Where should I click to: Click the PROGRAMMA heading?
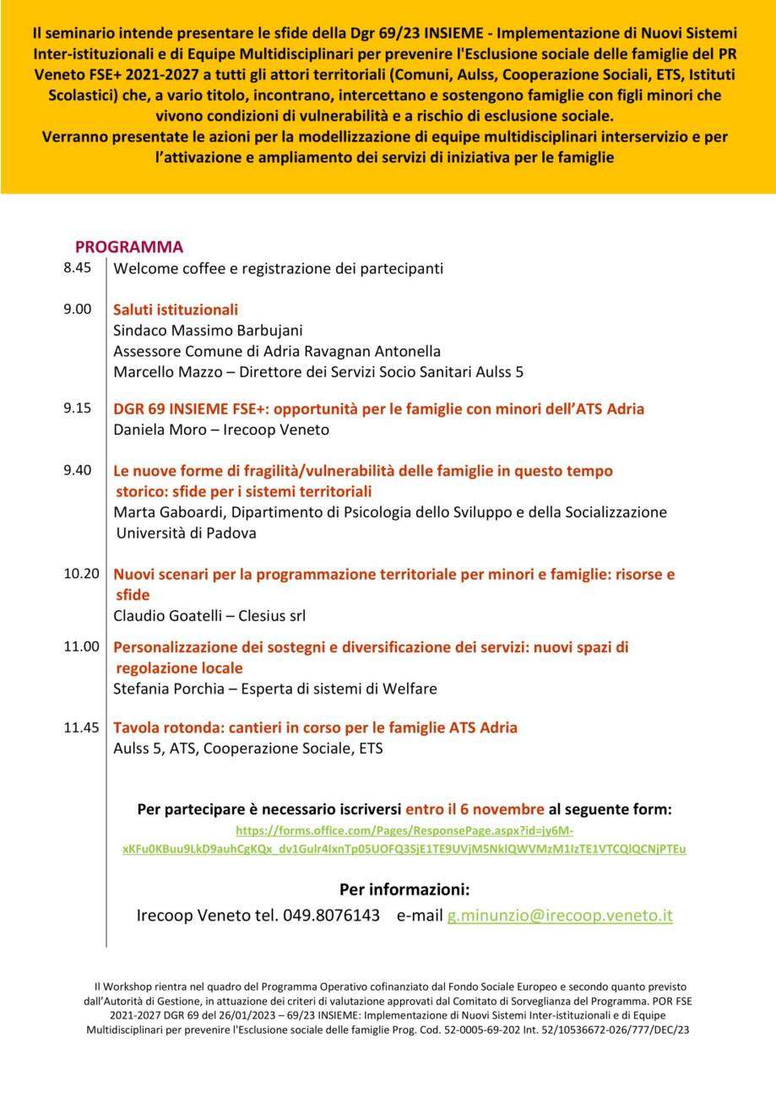[x=129, y=247]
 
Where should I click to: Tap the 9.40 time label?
[x=77, y=470]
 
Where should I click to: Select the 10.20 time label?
[x=81, y=574]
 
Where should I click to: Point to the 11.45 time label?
[x=81, y=727]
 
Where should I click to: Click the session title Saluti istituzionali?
[x=176, y=310]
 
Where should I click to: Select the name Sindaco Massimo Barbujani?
[x=208, y=331]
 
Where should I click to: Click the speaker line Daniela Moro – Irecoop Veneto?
[x=221, y=430]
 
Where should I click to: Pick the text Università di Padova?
[x=186, y=533]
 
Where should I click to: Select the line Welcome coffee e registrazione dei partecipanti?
[x=278, y=269]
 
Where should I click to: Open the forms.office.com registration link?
[x=404, y=840]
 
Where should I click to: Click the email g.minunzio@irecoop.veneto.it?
[x=560, y=916]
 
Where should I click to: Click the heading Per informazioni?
[x=404, y=889]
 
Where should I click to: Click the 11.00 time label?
[x=81, y=646]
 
